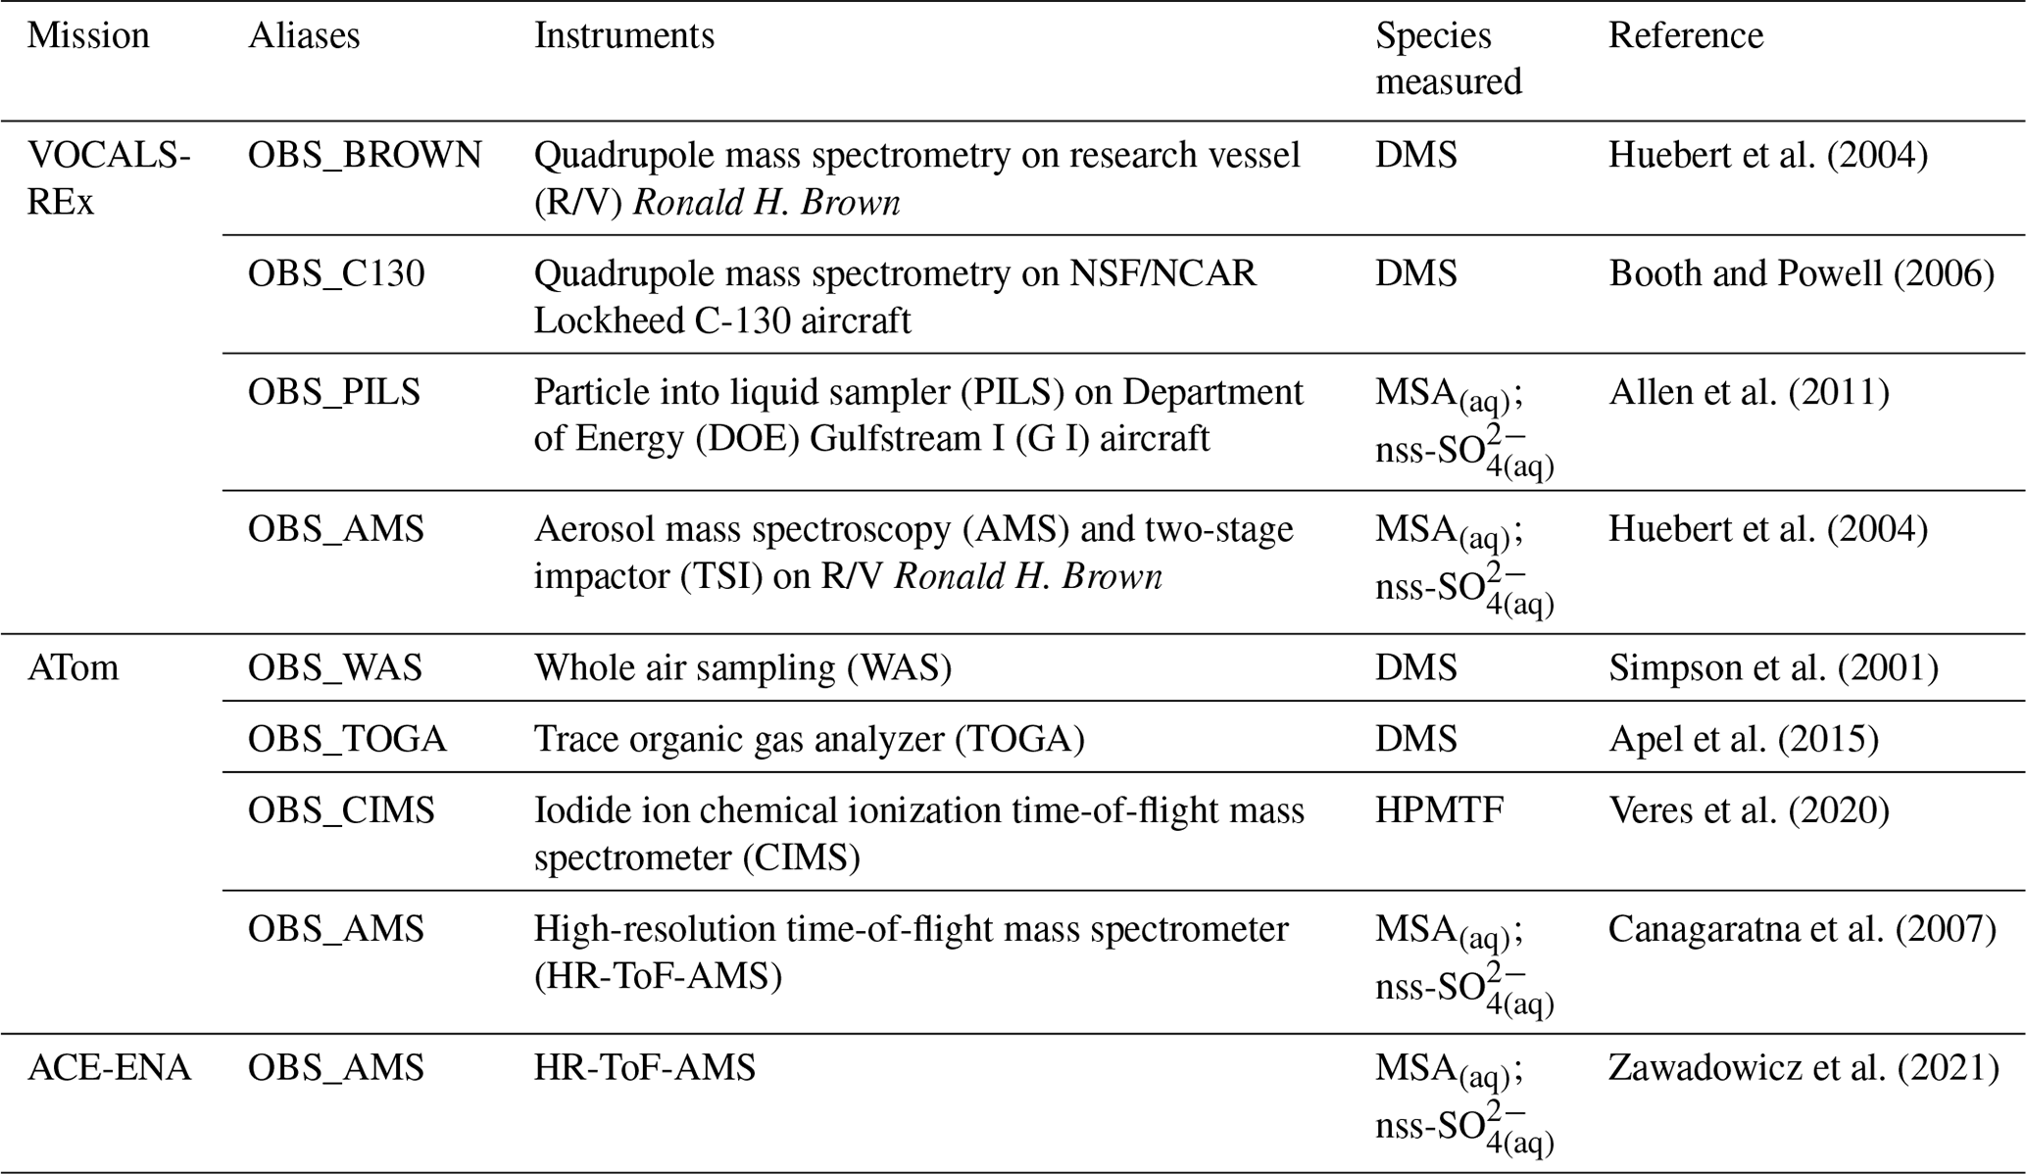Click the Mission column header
click(x=88, y=36)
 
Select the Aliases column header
click(x=304, y=36)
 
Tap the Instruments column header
click(x=624, y=36)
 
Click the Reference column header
click(x=1686, y=36)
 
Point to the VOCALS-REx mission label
click(x=108, y=178)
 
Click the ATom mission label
click(x=73, y=668)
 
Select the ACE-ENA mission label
click(x=109, y=1067)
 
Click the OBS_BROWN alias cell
click(x=365, y=156)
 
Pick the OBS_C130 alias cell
click(x=336, y=274)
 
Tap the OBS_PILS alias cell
click(x=333, y=393)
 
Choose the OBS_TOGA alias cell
click(x=347, y=739)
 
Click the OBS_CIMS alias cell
click(x=341, y=810)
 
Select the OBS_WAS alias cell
click(x=334, y=668)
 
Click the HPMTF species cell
click(x=1439, y=810)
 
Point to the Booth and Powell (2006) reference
click(x=1802, y=274)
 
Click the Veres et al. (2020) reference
click(x=1749, y=810)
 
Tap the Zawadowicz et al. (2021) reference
click(x=1804, y=1067)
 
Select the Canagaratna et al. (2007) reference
click(x=1802, y=929)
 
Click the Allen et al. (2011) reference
click(x=1749, y=393)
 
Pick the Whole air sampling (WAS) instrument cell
click(x=743, y=668)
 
